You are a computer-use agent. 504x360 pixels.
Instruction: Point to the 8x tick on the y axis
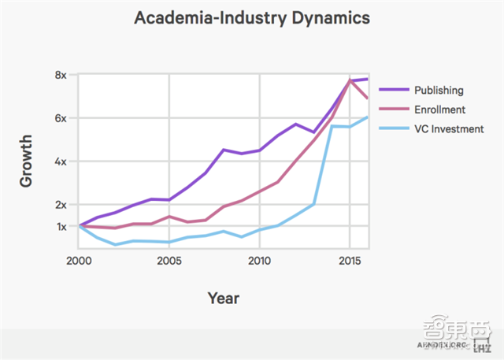pos(61,75)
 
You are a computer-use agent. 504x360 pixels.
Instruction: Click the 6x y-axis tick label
pos(61,118)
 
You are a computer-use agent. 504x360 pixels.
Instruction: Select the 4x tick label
pos(61,161)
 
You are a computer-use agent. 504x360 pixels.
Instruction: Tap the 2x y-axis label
pos(61,205)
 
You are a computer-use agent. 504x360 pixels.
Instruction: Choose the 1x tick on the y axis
pos(61,227)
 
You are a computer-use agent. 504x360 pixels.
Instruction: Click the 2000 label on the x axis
pos(80,261)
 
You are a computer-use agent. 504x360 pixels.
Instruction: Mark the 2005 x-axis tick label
pos(169,261)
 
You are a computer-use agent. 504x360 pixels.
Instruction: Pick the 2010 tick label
pos(259,261)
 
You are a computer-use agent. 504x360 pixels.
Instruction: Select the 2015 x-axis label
pos(349,261)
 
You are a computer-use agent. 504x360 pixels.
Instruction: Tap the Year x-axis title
pos(224,298)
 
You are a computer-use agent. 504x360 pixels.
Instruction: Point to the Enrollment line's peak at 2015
pos(350,80)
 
